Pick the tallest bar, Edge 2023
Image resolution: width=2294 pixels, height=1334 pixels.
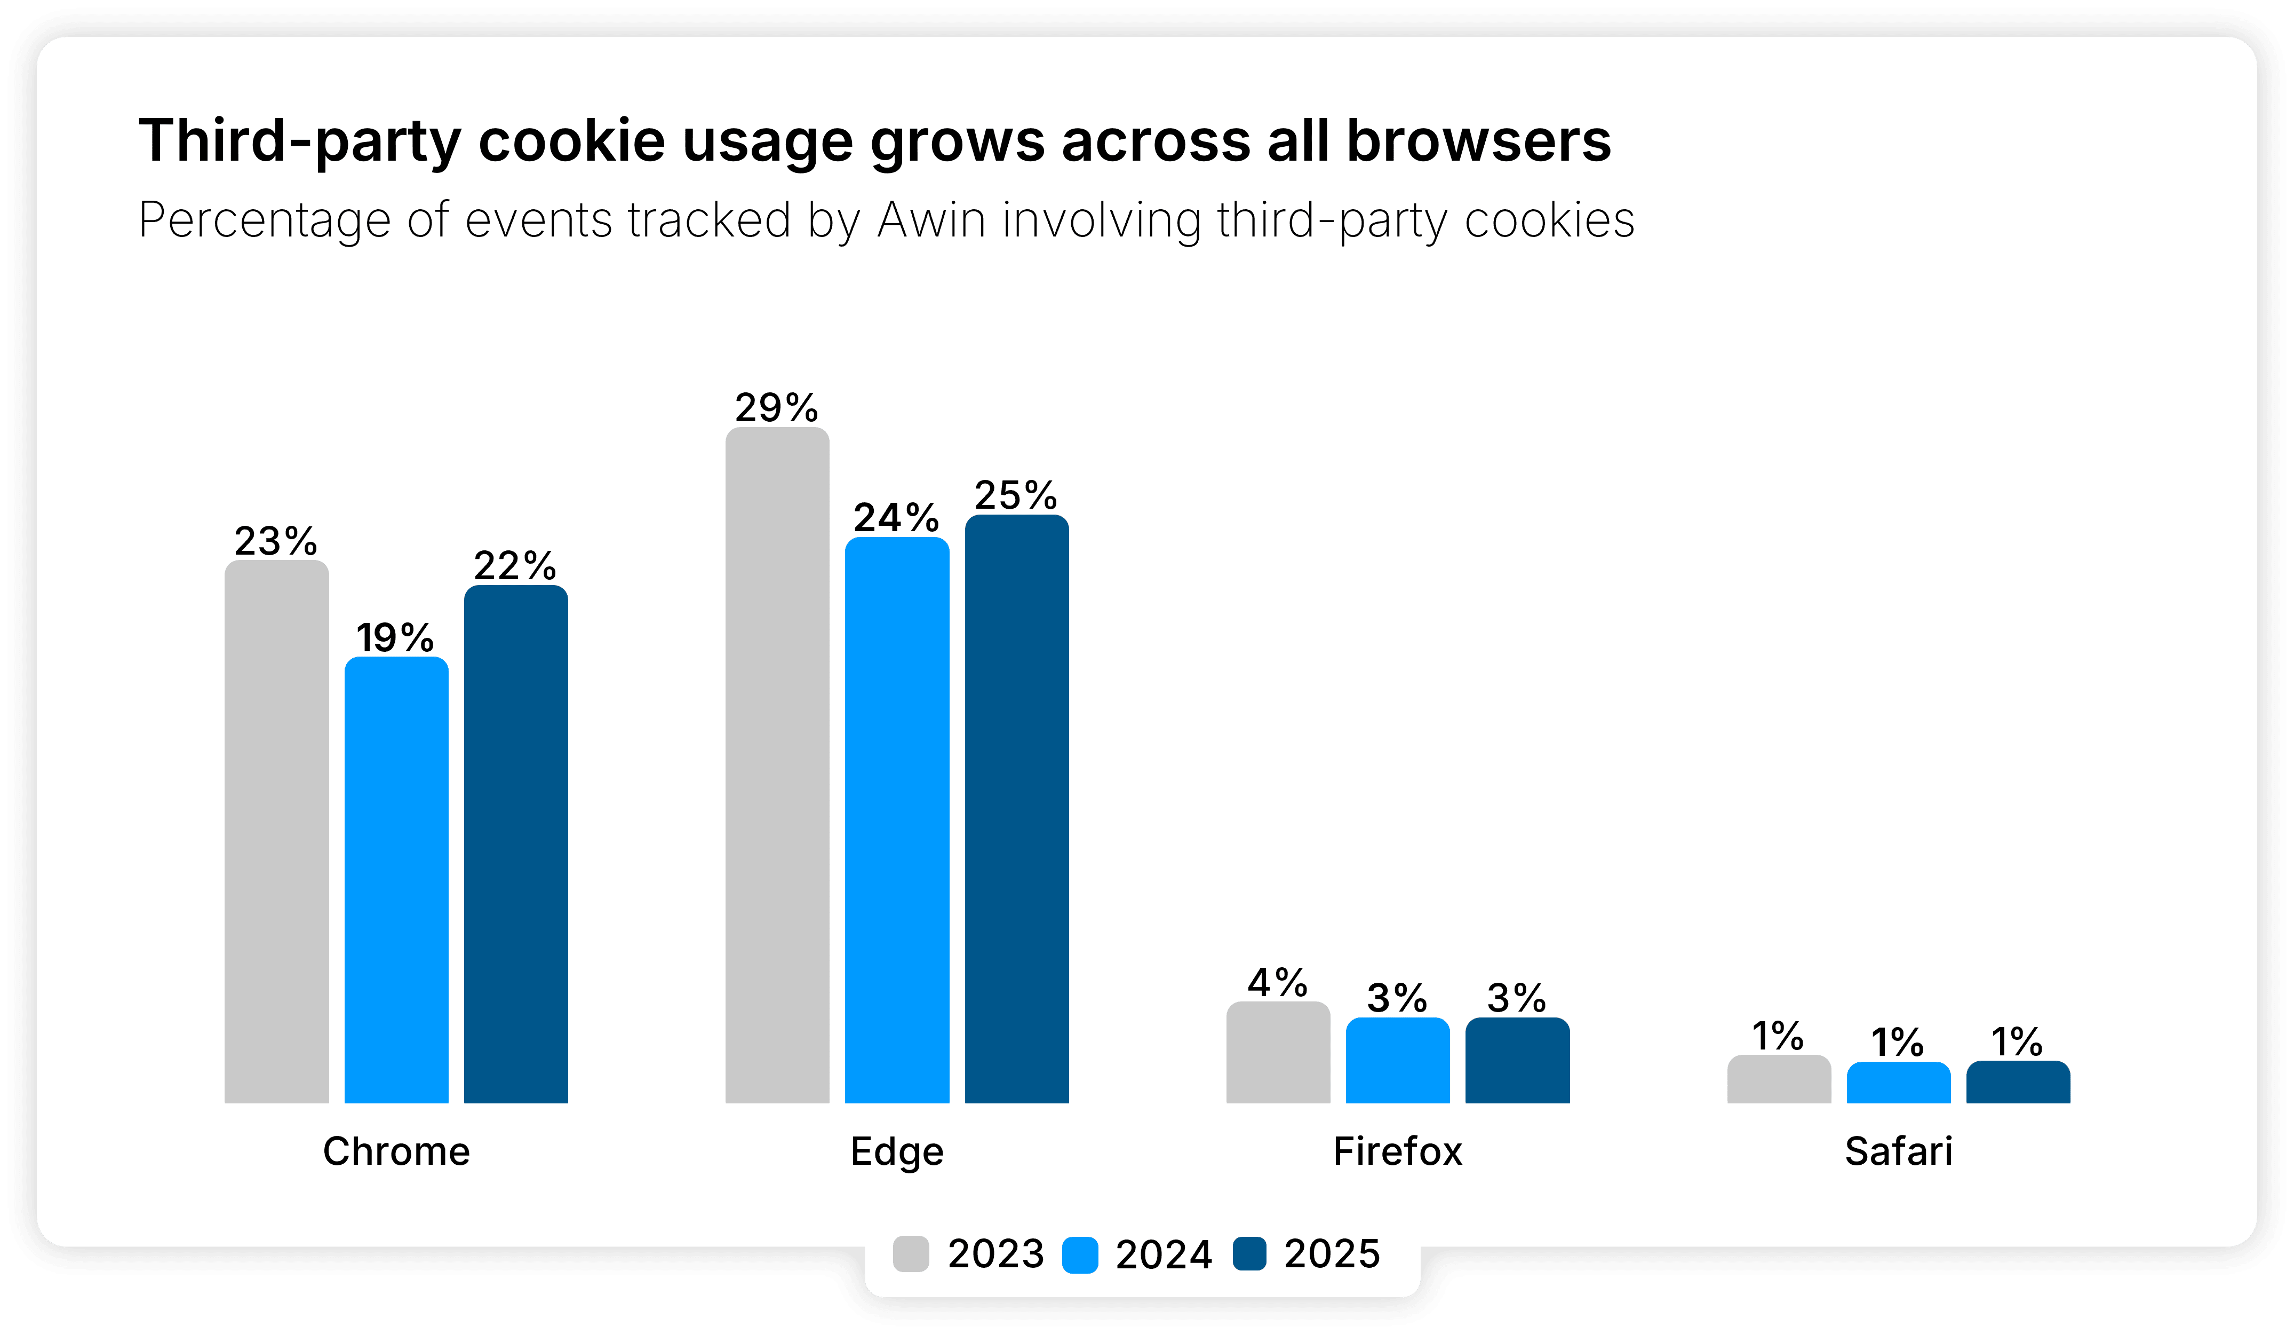(777, 765)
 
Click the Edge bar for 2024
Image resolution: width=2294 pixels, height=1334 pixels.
(897, 819)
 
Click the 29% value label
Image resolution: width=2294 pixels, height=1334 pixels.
(777, 408)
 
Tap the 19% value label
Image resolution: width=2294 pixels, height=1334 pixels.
(395, 637)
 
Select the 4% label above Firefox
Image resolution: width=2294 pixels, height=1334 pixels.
(1277, 983)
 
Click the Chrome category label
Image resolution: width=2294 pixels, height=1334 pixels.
(396, 1151)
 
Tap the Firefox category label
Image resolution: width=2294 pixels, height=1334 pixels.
(1397, 1151)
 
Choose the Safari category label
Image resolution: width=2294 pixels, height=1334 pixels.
(1898, 1151)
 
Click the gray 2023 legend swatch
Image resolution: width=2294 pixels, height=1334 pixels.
(910, 1254)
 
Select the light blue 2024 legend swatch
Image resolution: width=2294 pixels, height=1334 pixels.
(1080, 1254)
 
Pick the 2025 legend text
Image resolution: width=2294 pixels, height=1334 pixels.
(1332, 1254)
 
